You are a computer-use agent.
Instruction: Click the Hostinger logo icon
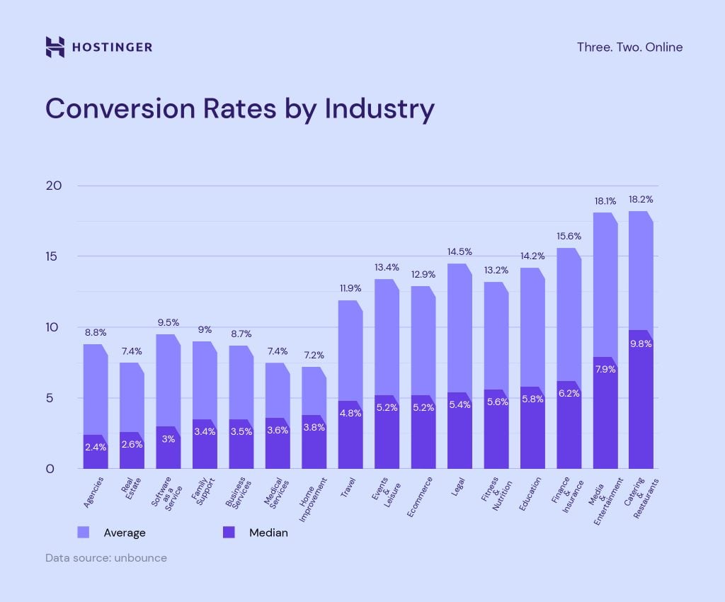55,47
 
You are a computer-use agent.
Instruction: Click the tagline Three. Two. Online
629,47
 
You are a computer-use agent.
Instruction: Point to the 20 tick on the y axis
55,186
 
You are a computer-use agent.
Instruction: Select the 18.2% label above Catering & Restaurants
641,200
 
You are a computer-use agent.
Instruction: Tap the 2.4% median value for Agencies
96,447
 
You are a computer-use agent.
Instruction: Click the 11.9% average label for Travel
350,288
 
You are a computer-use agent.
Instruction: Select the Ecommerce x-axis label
421,497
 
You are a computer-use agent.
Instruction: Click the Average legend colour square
84,532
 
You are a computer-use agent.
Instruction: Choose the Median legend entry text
268,533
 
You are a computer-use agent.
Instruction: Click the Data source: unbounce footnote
106,558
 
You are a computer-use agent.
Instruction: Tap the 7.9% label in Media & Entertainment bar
605,369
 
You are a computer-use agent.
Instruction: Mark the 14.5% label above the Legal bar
459,251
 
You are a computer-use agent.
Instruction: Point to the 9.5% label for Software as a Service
168,322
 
